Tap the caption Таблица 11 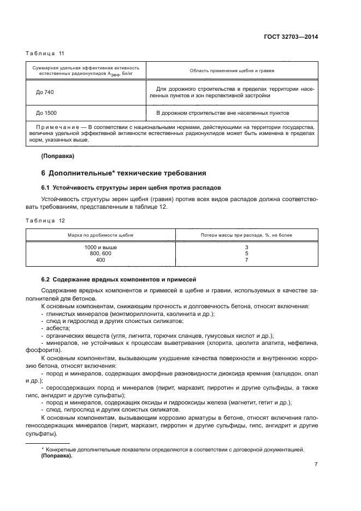(x=45, y=53)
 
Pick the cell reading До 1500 (x=46, y=113)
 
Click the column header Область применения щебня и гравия (x=232, y=71)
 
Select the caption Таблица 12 (x=45, y=220)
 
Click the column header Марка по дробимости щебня (x=100, y=235)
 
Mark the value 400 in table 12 (x=100, y=260)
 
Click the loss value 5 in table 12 (x=247, y=254)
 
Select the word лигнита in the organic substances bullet (x=144, y=335)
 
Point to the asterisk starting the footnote (x=43, y=449)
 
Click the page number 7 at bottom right (x=316, y=465)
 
